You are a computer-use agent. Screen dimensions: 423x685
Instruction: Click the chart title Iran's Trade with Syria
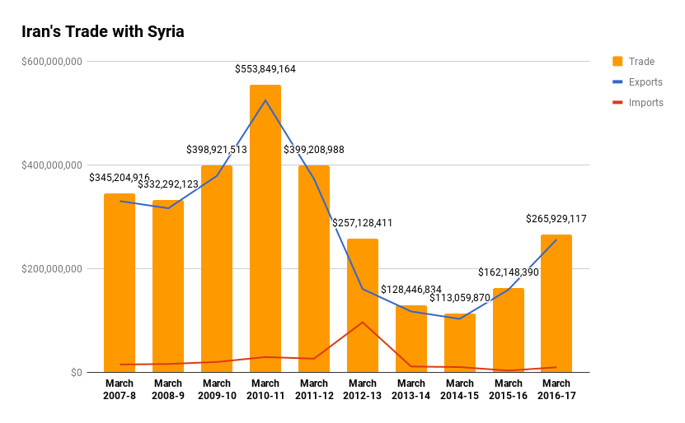tap(103, 32)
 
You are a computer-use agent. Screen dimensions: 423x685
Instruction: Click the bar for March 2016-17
tap(556, 304)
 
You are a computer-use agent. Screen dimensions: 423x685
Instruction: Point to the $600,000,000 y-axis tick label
tap(53, 62)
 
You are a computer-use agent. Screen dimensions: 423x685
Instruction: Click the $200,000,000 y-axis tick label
tap(53, 269)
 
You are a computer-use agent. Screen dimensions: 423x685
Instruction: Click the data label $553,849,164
tap(265, 69)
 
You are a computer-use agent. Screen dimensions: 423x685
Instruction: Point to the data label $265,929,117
tap(556, 219)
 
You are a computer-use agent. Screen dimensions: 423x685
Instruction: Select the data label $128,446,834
tap(411, 290)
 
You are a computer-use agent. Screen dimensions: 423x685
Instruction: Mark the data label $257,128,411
tap(363, 223)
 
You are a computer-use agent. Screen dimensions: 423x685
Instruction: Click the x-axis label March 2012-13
tap(363, 388)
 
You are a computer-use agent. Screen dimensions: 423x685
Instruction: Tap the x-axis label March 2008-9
tap(168, 388)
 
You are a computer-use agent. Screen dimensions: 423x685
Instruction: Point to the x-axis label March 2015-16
tap(509, 388)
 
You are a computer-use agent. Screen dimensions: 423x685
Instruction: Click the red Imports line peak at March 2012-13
tap(363, 322)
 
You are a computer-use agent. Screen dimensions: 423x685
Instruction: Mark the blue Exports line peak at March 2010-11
tap(265, 100)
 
